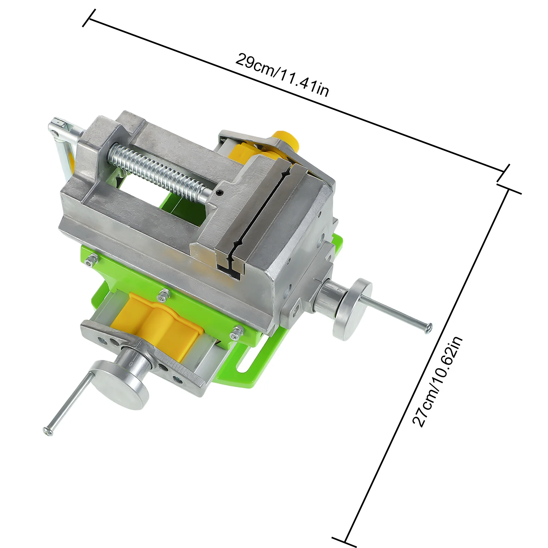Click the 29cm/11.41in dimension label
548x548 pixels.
pyautogui.click(x=282, y=75)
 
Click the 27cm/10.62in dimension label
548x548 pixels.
pyautogui.click(x=437, y=381)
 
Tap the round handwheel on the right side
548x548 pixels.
pyautogui.click(x=353, y=309)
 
